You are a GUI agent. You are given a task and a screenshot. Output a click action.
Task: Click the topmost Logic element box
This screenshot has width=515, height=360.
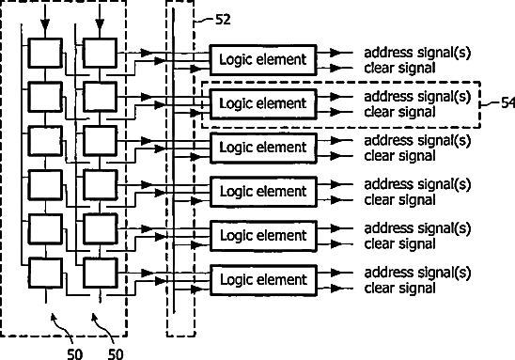click(263, 60)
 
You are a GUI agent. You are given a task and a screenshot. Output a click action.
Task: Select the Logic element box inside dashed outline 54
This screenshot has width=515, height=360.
click(263, 104)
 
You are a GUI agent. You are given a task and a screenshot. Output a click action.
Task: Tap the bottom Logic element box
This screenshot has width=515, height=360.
click(263, 280)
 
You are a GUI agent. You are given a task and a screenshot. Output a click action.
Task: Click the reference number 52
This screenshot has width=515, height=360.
click(223, 20)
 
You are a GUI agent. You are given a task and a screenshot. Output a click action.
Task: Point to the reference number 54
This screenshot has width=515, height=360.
click(508, 103)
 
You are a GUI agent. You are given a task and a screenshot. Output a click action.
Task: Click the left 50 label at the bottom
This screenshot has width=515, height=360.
click(75, 354)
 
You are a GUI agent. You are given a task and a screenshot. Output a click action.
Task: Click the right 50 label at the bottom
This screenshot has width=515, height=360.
click(116, 354)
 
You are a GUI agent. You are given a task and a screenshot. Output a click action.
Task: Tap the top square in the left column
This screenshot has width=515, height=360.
click(45, 54)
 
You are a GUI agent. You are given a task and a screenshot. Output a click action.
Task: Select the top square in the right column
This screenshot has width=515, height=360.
click(100, 54)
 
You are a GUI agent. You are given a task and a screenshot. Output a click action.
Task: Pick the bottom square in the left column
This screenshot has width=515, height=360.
click(45, 274)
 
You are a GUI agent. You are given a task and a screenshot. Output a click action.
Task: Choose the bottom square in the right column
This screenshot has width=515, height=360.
click(100, 274)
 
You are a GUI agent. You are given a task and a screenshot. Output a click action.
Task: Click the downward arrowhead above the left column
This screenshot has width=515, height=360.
click(45, 25)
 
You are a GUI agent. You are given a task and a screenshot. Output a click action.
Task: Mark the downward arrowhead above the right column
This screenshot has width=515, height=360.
click(100, 25)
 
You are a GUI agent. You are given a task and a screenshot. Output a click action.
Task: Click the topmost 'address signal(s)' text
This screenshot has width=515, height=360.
click(417, 53)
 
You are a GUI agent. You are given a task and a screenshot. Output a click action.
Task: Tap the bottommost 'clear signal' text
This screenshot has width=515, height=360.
click(399, 289)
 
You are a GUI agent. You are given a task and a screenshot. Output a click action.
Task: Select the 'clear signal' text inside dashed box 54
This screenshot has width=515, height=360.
click(399, 113)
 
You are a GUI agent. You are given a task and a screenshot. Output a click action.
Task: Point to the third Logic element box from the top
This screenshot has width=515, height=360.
click(263, 149)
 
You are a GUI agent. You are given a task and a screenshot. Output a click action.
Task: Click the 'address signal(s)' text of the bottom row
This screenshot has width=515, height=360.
click(417, 273)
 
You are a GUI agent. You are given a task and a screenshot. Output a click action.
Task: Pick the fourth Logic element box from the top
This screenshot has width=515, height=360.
click(263, 192)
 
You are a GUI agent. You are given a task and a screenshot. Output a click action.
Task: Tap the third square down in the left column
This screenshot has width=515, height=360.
click(45, 141)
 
